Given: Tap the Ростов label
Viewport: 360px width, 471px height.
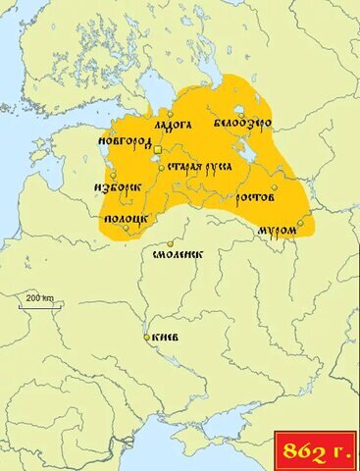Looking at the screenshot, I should click(255, 198).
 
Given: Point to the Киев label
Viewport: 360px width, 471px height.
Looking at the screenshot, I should click(163, 338).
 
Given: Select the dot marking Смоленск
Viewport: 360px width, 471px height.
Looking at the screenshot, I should click(171, 243).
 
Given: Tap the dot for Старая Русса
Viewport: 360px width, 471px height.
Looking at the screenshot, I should click(162, 168).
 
